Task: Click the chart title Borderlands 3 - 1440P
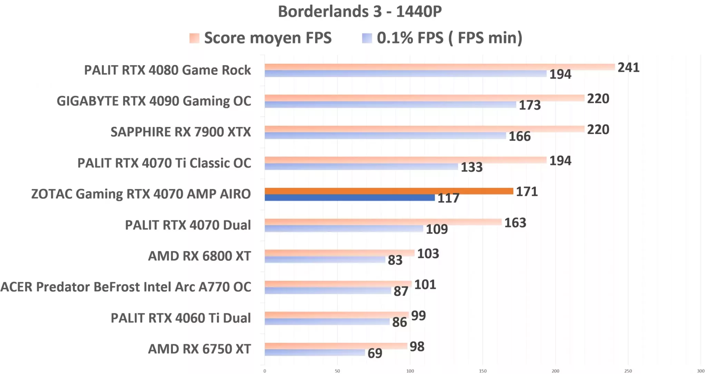(x=360, y=11)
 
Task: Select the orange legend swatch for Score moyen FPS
(x=194, y=38)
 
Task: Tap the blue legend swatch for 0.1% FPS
(x=367, y=38)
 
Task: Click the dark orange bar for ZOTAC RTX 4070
(x=389, y=191)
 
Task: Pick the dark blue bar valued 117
(x=349, y=198)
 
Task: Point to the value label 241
(x=628, y=67)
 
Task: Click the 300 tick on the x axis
(x=700, y=371)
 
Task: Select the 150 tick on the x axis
(x=483, y=371)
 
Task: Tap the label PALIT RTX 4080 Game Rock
(x=167, y=70)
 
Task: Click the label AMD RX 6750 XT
(x=199, y=349)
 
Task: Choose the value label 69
(x=375, y=353)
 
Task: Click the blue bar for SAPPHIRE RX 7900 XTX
(x=385, y=136)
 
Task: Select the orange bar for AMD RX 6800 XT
(x=339, y=253)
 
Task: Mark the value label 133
(x=472, y=167)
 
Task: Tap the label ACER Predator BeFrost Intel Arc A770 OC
(x=126, y=287)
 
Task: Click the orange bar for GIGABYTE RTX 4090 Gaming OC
(x=424, y=98)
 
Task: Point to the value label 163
(x=515, y=223)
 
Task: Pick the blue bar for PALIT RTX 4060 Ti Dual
(x=327, y=322)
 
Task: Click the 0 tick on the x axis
(x=265, y=371)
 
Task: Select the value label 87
(x=401, y=291)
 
